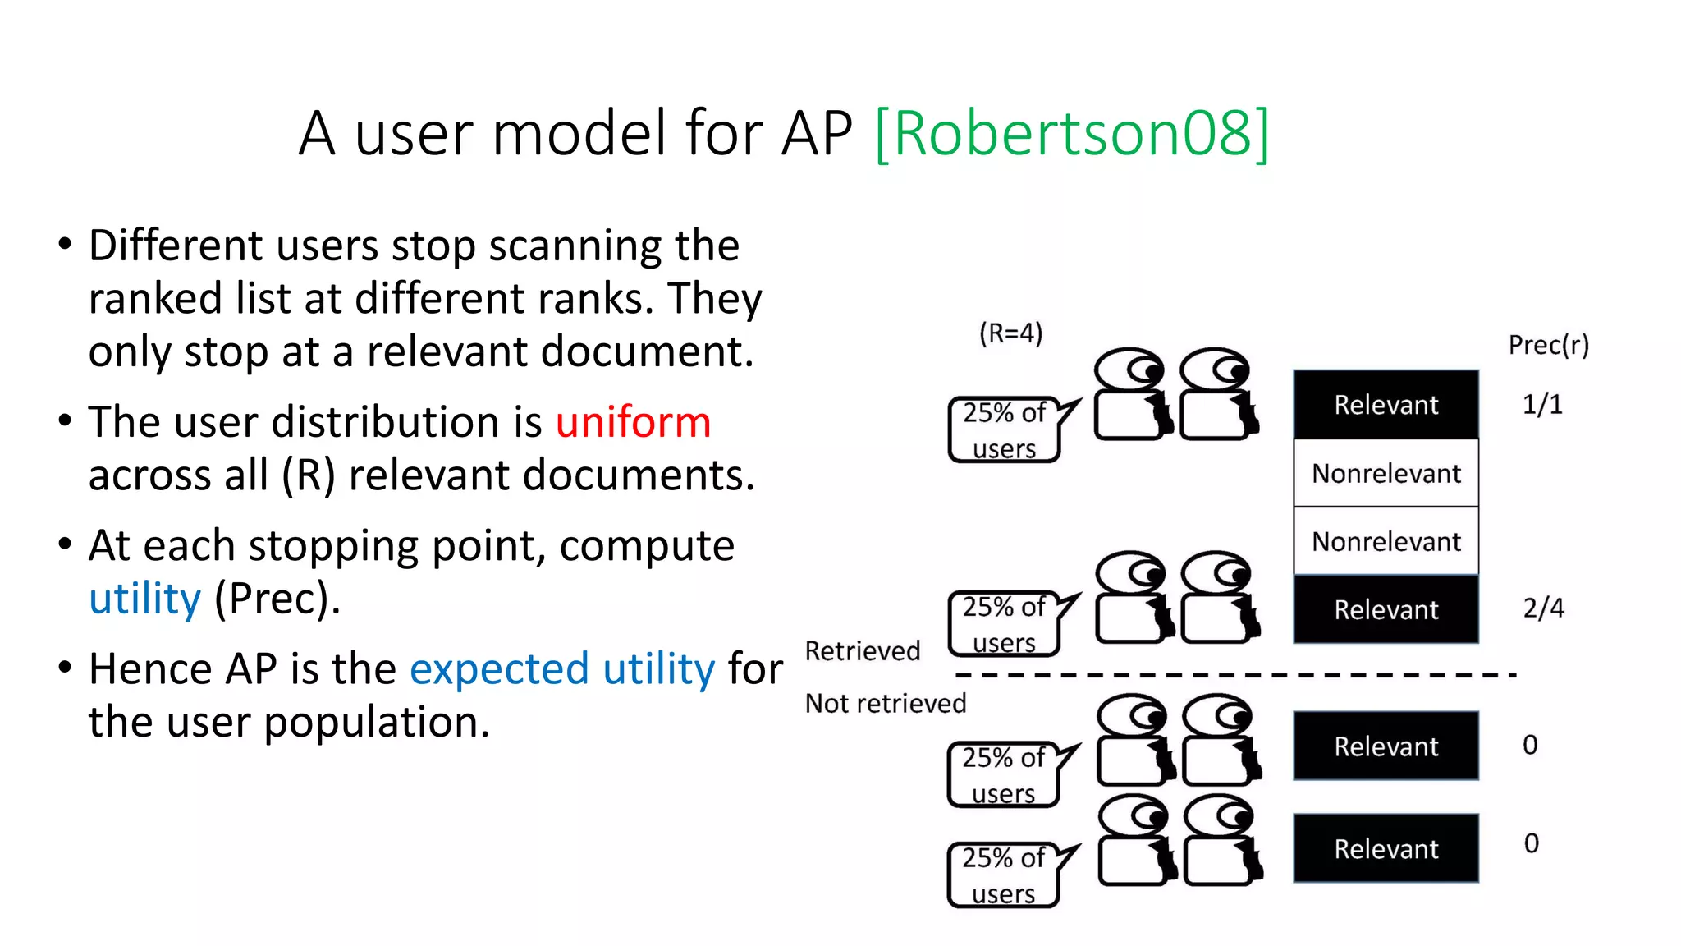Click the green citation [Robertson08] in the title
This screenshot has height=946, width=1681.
pos(1072,133)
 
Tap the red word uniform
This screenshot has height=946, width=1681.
pos(633,422)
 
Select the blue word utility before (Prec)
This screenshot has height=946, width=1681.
pos(144,599)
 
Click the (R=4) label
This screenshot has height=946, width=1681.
pos(1010,333)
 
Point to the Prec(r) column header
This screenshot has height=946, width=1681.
pos(1548,345)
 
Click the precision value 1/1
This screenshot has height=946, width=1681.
pos(1542,404)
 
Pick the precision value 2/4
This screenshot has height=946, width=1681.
pos(1543,608)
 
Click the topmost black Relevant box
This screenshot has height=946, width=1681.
pos(1386,405)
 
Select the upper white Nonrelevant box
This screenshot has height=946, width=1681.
pos(1386,473)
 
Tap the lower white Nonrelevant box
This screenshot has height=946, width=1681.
pos(1386,541)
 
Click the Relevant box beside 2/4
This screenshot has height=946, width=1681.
pos(1386,609)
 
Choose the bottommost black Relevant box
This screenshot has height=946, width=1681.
pos(1386,848)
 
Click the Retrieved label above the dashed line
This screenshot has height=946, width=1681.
pos(863,651)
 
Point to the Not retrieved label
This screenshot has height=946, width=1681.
pos(886,704)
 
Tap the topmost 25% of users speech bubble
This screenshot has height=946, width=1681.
pos(1004,430)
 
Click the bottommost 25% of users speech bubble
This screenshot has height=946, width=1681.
pos(1003,875)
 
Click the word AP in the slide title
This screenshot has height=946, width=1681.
pos(817,133)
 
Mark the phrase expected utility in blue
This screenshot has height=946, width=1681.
pos(562,668)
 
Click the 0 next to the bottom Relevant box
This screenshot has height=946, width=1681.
pos(1531,843)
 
